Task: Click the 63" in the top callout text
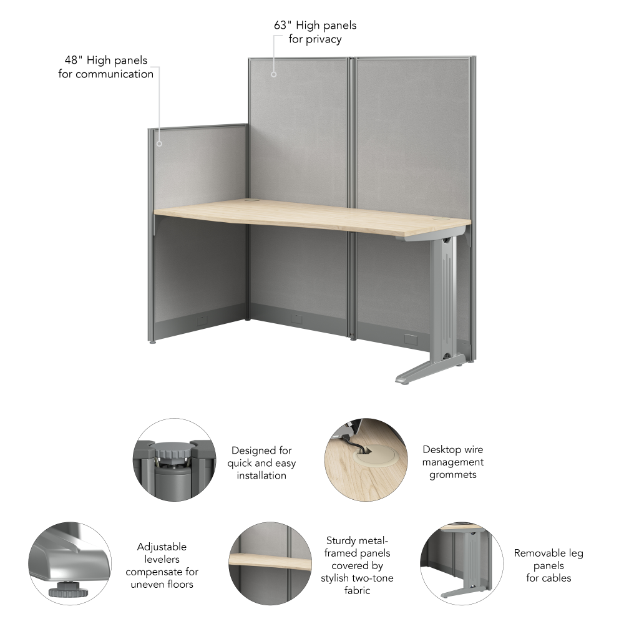coord(283,25)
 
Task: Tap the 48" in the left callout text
coord(74,60)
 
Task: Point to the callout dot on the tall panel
coord(274,74)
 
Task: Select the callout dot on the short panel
coord(159,144)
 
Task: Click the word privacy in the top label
coord(323,39)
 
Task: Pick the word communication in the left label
coord(115,74)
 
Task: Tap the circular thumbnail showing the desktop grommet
coord(366,460)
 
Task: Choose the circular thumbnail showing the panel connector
coord(174,460)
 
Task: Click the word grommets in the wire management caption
coord(453,475)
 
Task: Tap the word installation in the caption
coord(261,475)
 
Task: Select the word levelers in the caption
coord(162,559)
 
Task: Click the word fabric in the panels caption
coord(358,590)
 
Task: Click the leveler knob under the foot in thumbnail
coord(68,590)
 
